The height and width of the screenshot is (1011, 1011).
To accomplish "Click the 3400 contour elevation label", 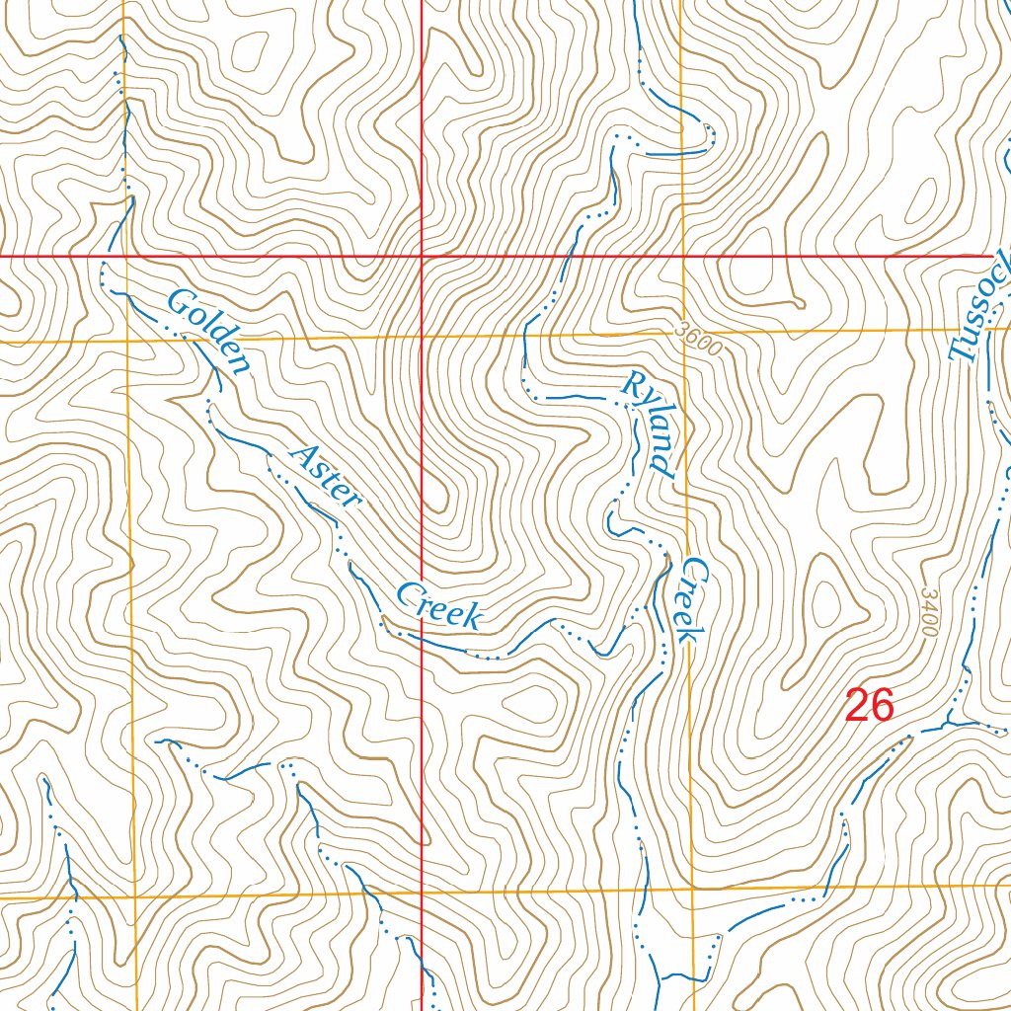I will coord(928,612).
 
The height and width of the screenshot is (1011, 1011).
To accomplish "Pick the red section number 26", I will coord(870,707).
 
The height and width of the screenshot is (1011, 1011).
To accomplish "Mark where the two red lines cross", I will coord(422,256).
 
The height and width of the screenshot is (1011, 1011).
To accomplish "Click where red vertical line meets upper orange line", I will coord(422,339).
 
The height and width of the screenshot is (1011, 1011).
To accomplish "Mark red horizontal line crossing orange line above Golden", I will coord(125,256).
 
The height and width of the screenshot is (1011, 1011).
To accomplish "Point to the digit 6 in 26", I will coord(882,707).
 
